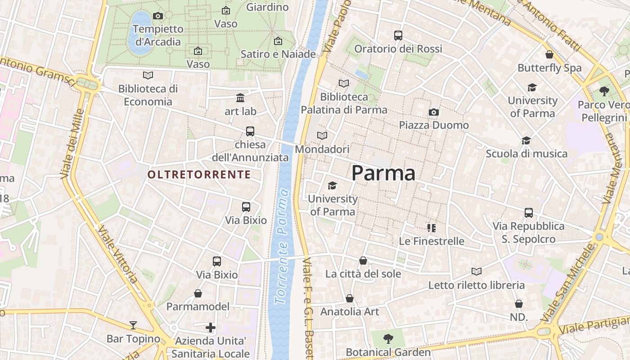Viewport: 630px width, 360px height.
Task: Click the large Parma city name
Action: pyautogui.click(x=383, y=173)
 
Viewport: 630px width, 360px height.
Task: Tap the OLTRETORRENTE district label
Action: pyautogui.click(x=199, y=175)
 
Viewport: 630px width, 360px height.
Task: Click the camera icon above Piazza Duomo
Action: pyautogui.click(x=434, y=112)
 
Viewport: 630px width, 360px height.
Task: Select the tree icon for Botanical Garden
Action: pyautogui.click(x=388, y=338)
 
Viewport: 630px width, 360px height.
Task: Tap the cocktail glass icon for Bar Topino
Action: pyautogui.click(x=133, y=325)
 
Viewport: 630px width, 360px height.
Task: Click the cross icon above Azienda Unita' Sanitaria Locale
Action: pyautogui.click(x=210, y=328)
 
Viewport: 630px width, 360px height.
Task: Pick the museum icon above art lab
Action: pyautogui.click(x=240, y=98)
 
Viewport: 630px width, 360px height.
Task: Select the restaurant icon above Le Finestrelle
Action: pyautogui.click(x=432, y=228)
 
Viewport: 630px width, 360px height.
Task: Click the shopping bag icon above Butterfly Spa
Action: pyautogui.click(x=549, y=55)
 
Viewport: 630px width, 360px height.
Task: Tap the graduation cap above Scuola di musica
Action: pyautogui.click(x=526, y=141)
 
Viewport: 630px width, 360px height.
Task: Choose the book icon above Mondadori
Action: pyautogui.click(x=322, y=135)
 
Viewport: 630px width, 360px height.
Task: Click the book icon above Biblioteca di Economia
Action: pyautogui.click(x=148, y=76)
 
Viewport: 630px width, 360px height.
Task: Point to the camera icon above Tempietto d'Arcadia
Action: pyautogui.click(x=158, y=16)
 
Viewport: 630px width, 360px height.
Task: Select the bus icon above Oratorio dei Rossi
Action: pyautogui.click(x=398, y=35)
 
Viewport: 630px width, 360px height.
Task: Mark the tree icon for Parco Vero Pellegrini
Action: pyautogui.click(x=604, y=91)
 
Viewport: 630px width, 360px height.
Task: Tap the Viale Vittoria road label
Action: pyautogui.click(x=118, y=254)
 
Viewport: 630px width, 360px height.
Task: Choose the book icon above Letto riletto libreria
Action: pyautogui.click(x=477, y=271)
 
